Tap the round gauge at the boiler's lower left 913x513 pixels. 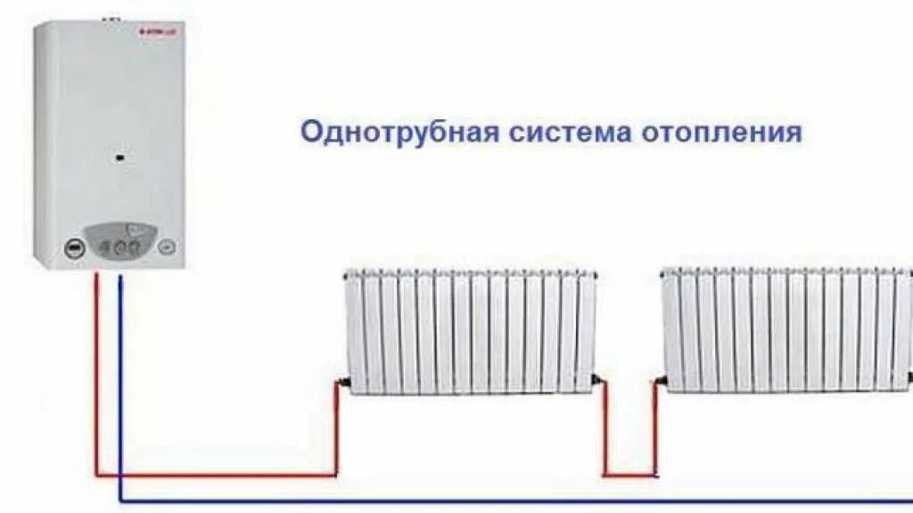tap(73, 248)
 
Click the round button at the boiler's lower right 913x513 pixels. tap(166, 248)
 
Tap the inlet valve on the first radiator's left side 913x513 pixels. tap(341, 384)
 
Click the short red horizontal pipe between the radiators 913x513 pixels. tap(630, 475)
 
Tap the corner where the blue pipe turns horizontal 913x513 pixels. tap(121, 501)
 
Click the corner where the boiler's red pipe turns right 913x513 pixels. tap(97, 475)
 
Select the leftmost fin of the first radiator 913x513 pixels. tap(354, 331)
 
